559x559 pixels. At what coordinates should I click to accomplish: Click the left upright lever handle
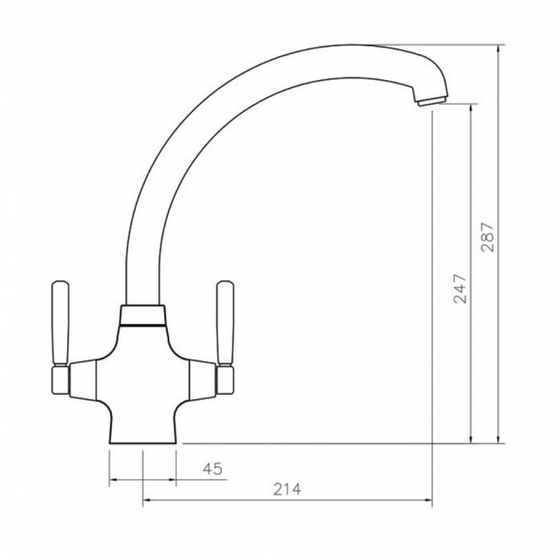pyautogui.click(x=61, y=323)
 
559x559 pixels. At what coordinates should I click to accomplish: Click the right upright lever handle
pyautogui.click(x=226, y=323)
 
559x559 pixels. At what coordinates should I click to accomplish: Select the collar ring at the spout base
pyautogui.click(x=144, y=316)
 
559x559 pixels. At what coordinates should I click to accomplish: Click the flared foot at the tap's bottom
pyautogui.click(x=144, y=434)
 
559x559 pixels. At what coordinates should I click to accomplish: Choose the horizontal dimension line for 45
pyautogui.click(x=159, y=479)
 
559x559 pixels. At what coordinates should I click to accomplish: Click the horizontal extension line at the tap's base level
pyautogui.click(x=344, y=444)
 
